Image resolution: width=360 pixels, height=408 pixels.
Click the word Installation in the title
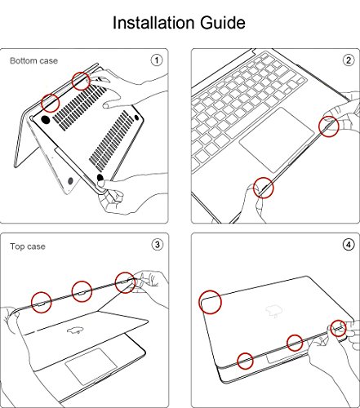pos(153,22)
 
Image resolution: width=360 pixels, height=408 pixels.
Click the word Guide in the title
pos(223,23)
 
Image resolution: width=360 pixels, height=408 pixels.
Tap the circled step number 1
pos(157,60)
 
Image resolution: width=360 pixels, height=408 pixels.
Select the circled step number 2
pos(349,60)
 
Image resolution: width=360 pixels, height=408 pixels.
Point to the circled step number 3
pos(157,245)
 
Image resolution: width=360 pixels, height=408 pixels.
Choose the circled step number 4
pos(349,245)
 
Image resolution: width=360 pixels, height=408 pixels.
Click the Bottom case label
pos(33,60)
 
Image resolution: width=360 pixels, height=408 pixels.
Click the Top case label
pos(28,246)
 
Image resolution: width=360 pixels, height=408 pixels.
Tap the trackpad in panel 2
pos(277,140)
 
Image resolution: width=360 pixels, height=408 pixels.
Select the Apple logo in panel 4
pos(274,311)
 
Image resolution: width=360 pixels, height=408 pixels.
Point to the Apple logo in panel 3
pos(74,330)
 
